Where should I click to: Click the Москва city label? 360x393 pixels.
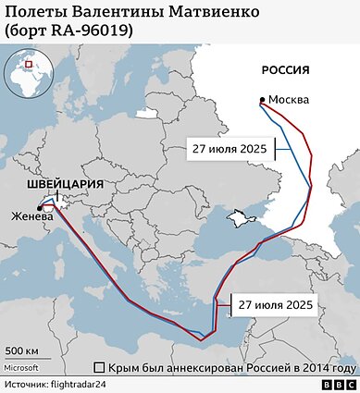(x=289, y=100)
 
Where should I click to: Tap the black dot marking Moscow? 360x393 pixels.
(x=263, y=100)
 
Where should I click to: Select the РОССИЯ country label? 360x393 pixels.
(x=285, y=71)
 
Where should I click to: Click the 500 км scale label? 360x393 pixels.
(x=22, y=351)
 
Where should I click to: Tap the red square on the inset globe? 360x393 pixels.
(x=29, y=65)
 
